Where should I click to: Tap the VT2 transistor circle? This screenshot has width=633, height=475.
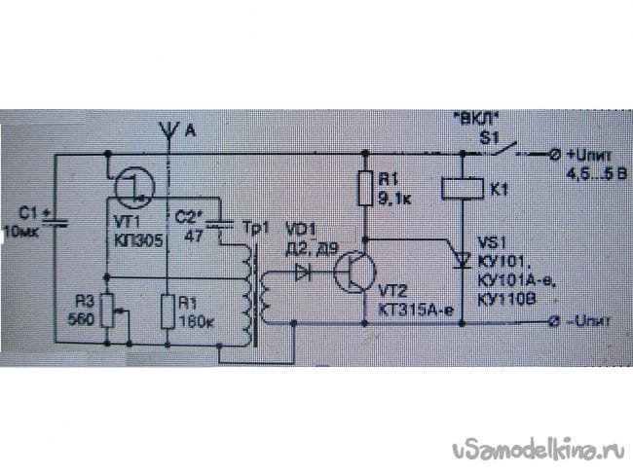(353, 273)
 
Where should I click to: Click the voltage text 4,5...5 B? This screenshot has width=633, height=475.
(598, 174)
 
